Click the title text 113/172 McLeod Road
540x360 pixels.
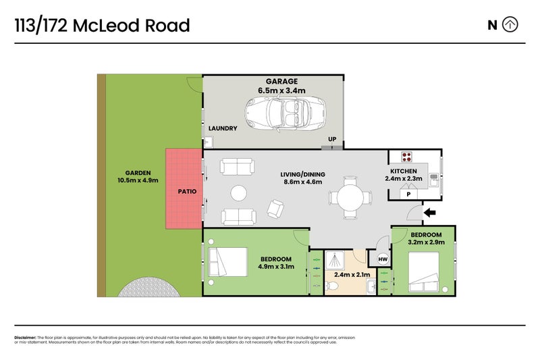click(102, 26)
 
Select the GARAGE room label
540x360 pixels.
click(281, 81)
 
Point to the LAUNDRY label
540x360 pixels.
click(223, 128)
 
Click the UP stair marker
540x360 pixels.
click(331, 140)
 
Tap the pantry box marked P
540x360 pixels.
click(407, 195)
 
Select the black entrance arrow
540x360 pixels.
click(429, 214)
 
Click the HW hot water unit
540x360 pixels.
click(383, 259)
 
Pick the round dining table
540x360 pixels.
click(350, 197)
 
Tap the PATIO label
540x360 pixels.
click(187, 192)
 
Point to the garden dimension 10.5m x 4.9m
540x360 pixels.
click(137, 180)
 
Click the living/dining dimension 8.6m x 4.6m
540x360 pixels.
click(301, 182)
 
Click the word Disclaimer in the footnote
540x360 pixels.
click(25, 338)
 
